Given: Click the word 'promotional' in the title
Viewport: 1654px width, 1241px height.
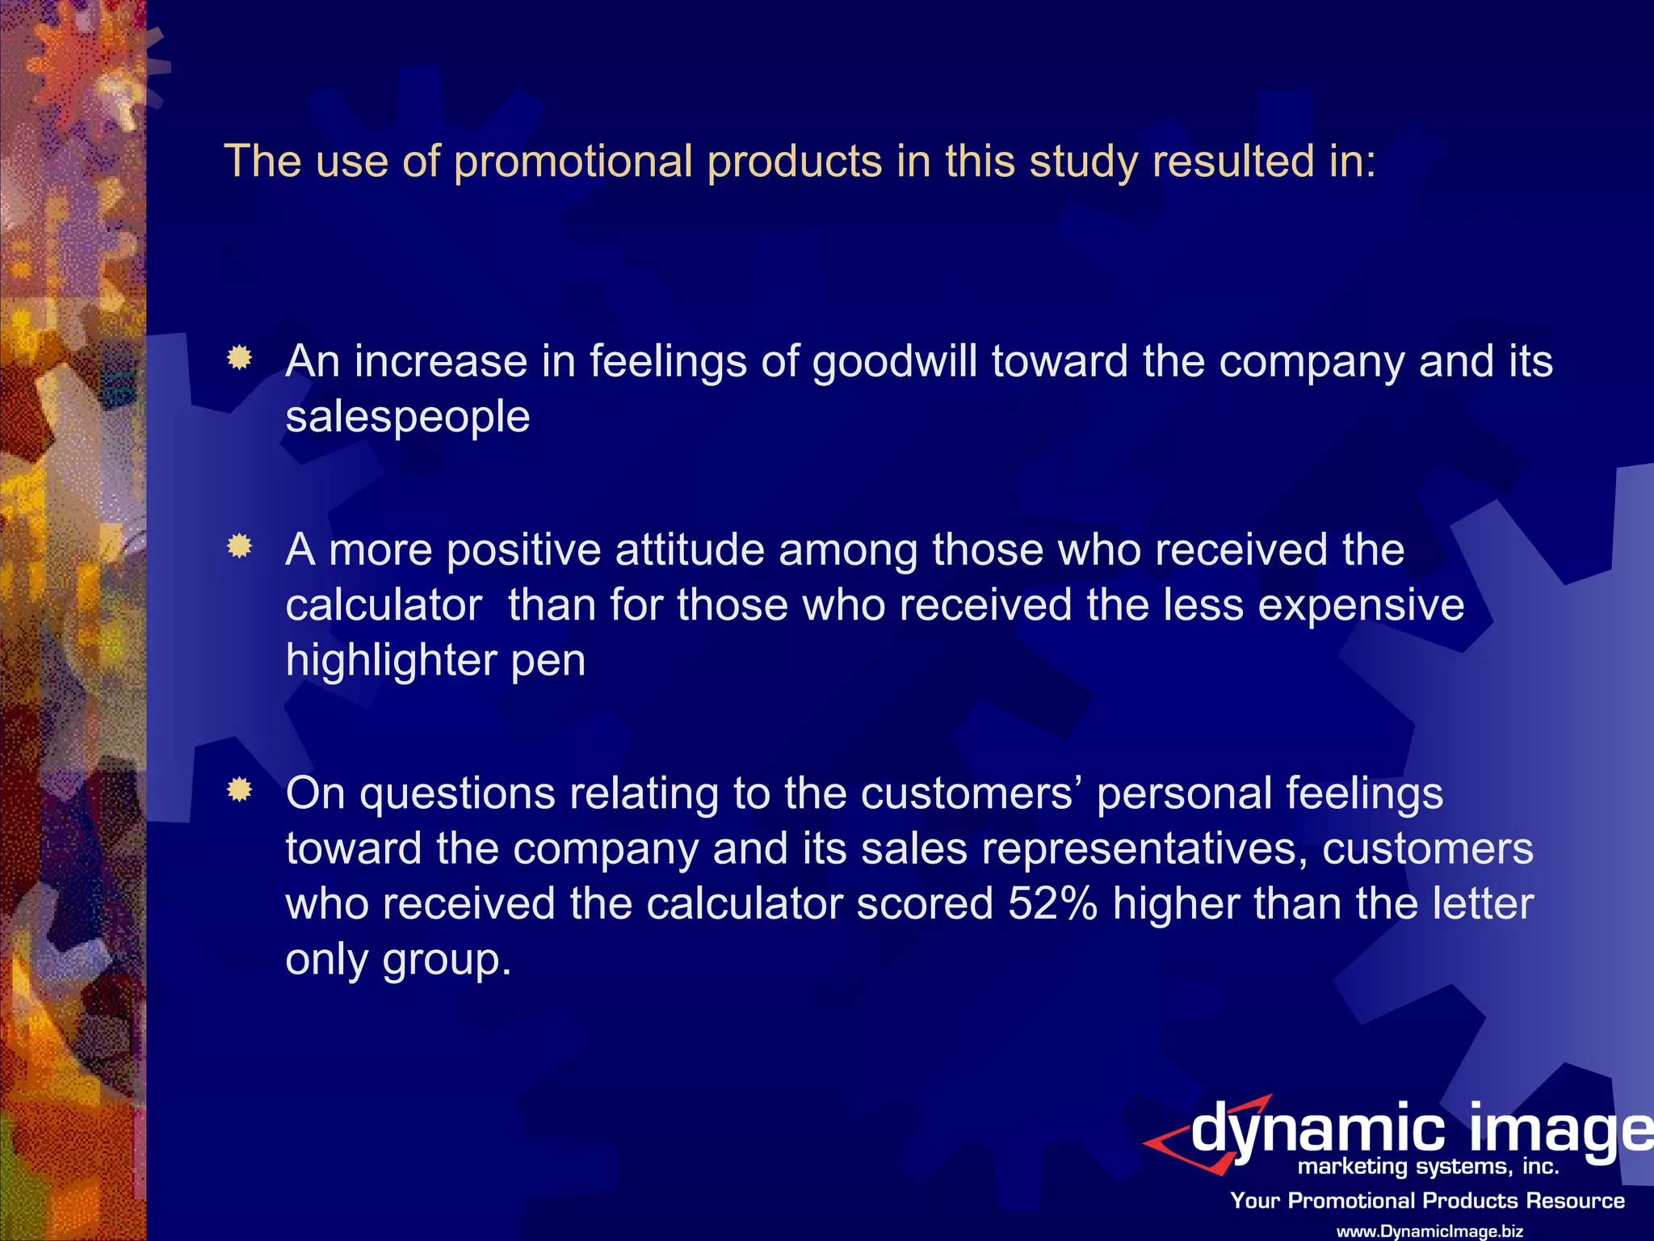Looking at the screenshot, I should click(x=573, y=162).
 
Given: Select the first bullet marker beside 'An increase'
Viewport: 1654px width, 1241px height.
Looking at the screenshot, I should click(x=239, y=357).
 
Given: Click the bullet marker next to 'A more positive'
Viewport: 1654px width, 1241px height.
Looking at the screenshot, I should click(x=239, y=547).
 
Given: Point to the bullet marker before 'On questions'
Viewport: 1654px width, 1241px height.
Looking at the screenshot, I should click(x=239, y=789).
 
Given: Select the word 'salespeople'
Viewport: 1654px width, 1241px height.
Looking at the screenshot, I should click(x=408, y=417).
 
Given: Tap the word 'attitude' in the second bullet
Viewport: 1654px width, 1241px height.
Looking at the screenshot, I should click(x=690, y=550).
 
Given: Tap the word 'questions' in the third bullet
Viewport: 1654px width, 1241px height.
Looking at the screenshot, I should click(x=457, y=794).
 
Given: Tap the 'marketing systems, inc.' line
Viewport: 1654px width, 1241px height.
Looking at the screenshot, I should click(x=1428, y=1167).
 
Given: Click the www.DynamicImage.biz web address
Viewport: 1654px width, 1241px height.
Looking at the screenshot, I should click(x=1430, y=1231).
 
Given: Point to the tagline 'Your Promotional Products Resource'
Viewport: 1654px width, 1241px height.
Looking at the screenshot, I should click(x=1427, y=1201).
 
